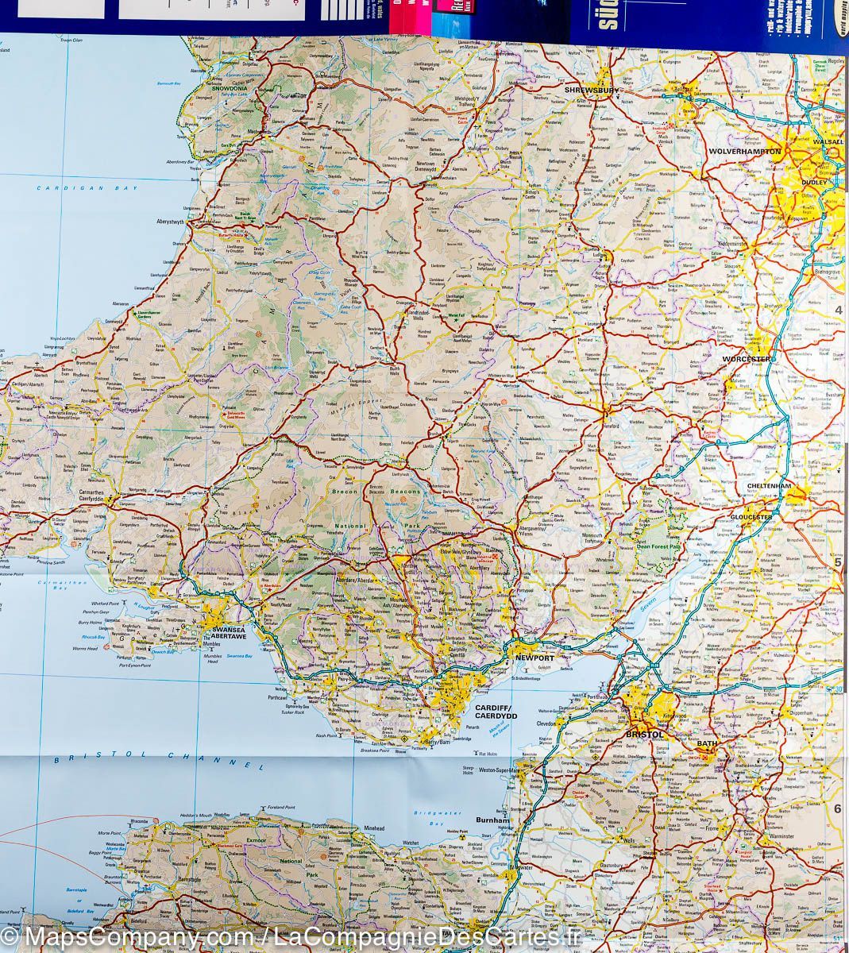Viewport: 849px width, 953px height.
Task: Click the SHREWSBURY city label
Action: (x=591, y=91)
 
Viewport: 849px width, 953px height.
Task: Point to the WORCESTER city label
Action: (x=747, y=359)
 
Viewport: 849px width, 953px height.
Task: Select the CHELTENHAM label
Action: (x=770, y=486)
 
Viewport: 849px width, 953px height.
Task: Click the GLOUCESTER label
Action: (x=751, y=517)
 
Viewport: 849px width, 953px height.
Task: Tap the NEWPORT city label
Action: (x=534, y=658)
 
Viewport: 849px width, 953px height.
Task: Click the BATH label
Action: (x=706, y=743)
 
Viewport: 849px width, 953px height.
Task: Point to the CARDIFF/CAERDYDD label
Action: (x=496, y=711)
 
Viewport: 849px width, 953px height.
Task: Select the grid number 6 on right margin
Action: (x=836, y=808)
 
